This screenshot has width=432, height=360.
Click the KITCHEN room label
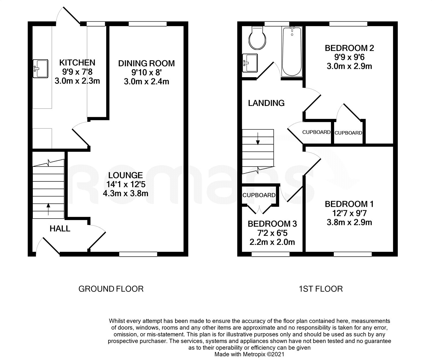coord(77,62)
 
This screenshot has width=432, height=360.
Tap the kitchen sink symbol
coord(41,69)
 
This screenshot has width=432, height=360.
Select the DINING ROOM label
coord(147,63)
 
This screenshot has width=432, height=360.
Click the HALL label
coord(60,229)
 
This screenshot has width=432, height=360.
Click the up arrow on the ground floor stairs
coord(48,209)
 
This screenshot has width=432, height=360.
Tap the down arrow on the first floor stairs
coord(258,139)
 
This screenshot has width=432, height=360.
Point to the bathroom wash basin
coord(250,63)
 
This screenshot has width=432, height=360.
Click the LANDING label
coord(266,103)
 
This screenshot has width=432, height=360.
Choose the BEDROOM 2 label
coord(349,48)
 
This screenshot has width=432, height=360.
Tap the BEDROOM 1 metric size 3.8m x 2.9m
coord(349,222)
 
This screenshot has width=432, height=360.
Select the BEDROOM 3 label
coord(272,224)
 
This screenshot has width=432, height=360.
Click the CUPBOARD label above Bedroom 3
coord(259,195)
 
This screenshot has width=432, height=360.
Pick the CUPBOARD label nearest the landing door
coord(316,132)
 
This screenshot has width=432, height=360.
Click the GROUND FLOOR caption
coord(111,289)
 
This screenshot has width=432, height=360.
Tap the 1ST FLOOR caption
coord(321,289)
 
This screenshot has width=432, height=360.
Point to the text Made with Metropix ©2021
coord(249,354)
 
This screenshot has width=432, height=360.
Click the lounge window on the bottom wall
coord(138,254)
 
